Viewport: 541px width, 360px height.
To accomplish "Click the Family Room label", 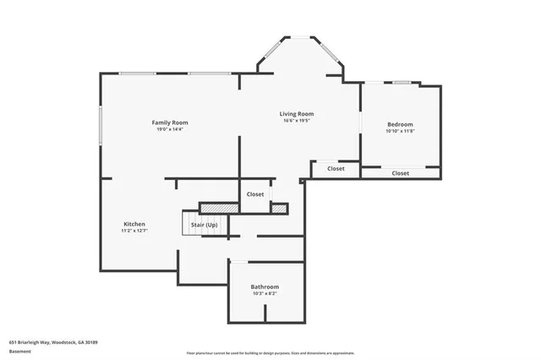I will [x=169, y=123].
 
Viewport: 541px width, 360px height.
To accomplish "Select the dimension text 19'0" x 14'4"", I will [x=169, y=129].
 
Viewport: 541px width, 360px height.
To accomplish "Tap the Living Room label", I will [x=297, y=113].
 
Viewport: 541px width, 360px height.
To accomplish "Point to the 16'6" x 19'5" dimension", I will [x=297, y=120].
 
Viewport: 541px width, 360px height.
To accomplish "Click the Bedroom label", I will [x=400, y=124].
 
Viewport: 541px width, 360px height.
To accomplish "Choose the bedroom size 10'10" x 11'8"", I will [x=400, y=131].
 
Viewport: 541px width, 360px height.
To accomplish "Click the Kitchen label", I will [x=134, y=223].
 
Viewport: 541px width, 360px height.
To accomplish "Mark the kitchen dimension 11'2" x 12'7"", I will [x=134, y=230].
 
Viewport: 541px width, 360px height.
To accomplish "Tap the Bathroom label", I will [x=265, y=286].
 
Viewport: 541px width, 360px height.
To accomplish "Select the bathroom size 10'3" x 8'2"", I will [x=265, y=293].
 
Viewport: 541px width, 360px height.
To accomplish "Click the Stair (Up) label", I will [x=204, y=225].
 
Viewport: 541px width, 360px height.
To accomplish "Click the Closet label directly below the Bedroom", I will [x=400, y=172].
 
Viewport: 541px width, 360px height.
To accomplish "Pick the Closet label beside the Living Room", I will [x=336, y=168].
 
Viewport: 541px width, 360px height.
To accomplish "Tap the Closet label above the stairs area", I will [x=254, y=194].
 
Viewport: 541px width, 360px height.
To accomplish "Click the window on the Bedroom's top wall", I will [x=401, y=83].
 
